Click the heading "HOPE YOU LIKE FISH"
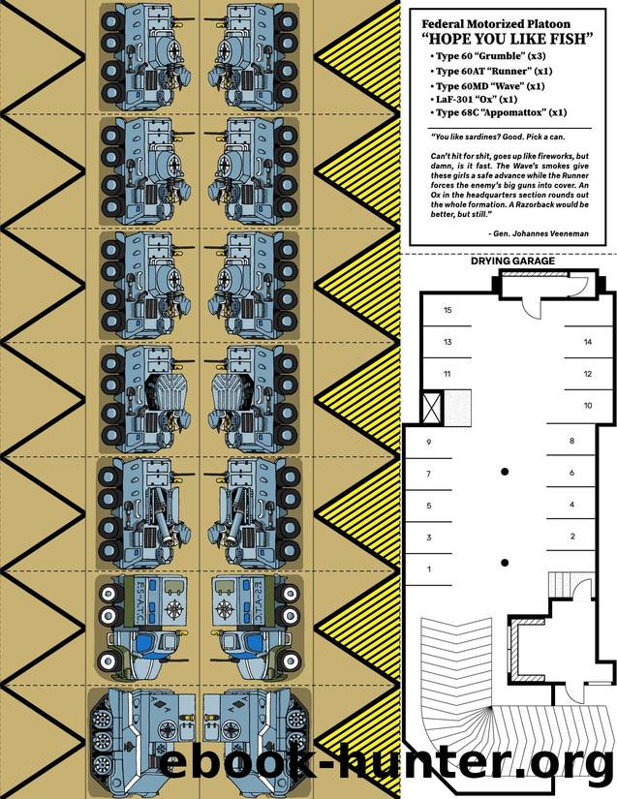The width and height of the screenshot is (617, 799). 508,39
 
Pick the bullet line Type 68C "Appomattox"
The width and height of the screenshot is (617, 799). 498,112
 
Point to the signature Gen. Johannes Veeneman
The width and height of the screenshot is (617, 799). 538,234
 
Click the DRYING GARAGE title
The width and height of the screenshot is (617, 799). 512,261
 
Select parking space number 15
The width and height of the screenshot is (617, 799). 447,310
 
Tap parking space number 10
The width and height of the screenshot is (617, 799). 588,406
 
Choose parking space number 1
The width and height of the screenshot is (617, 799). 429,569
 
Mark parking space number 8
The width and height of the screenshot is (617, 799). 572,441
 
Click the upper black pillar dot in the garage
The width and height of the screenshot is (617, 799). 505,472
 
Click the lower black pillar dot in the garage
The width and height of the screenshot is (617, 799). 505,563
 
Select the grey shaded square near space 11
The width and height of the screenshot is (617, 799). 457,406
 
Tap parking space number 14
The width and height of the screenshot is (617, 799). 588,342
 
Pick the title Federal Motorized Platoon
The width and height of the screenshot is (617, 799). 496,24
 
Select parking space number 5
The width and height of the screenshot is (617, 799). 429,506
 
